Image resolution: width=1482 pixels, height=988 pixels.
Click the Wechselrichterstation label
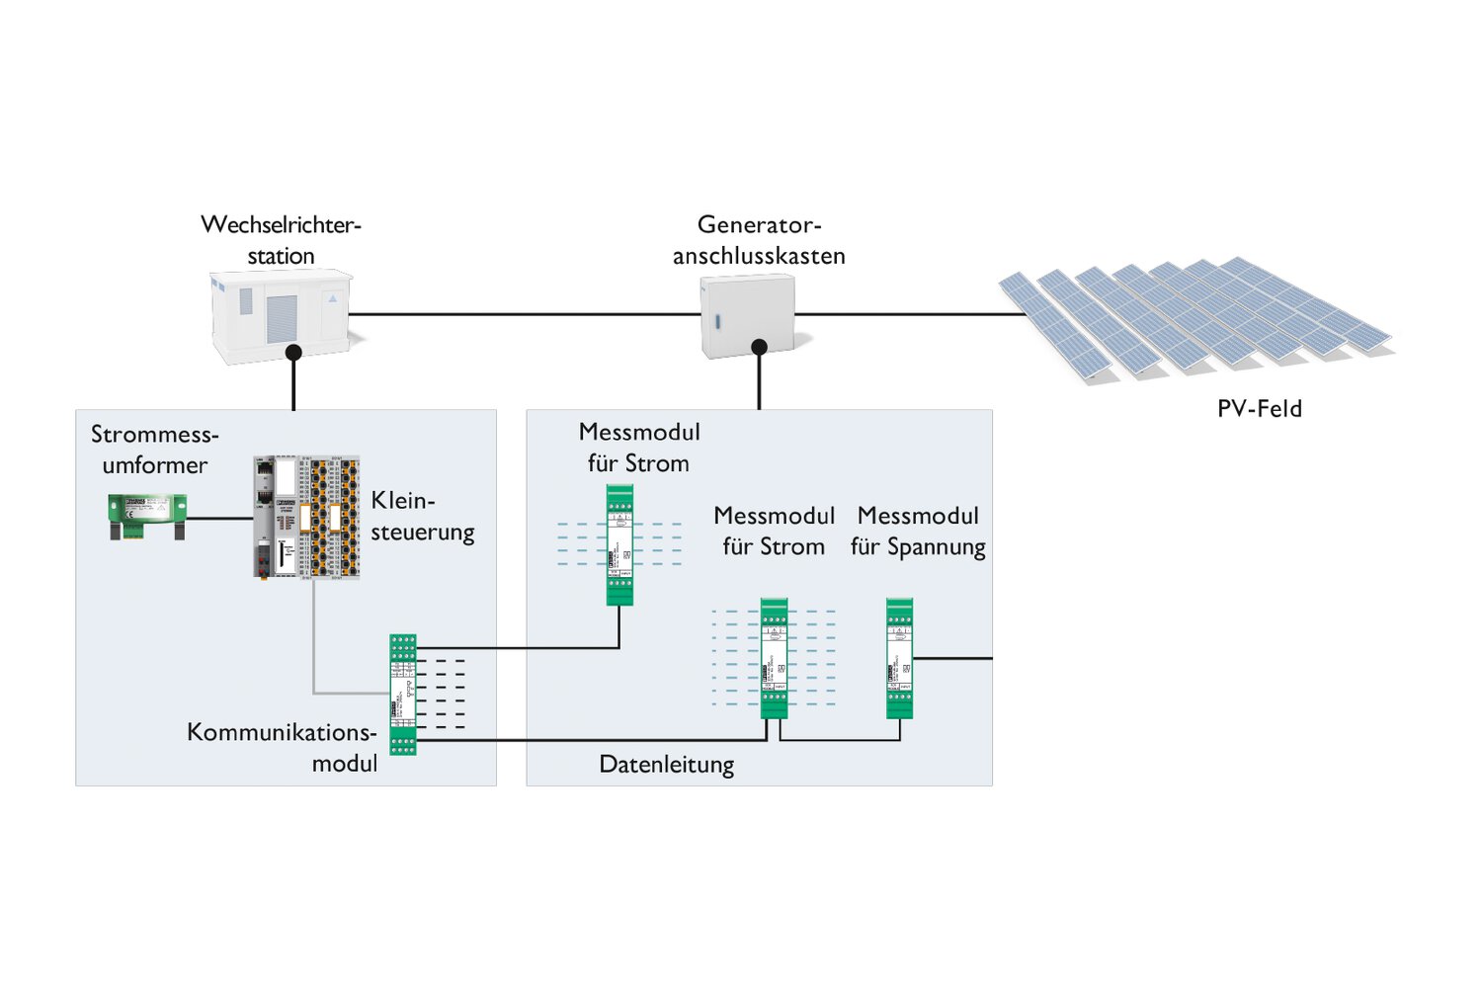(281, 240)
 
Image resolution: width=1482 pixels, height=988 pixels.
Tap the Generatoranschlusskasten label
(759, 240)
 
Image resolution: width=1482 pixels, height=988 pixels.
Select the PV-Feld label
(1259, 408)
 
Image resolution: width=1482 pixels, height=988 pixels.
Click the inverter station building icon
(282, 314)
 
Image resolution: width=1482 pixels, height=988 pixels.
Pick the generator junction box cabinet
(748, 314)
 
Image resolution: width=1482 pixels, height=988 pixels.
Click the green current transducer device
(147, 517)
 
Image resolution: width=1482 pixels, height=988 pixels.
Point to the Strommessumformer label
(154, 450)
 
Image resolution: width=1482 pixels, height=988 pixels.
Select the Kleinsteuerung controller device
(306, 517)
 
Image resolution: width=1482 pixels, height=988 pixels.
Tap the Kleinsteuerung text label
(422, 516)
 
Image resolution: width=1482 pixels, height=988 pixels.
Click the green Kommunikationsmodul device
(403, 695)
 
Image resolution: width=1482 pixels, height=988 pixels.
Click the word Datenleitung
(667, 765)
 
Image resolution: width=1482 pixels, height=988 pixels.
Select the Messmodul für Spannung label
(918, 532)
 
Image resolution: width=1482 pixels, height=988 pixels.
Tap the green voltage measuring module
(899, 658)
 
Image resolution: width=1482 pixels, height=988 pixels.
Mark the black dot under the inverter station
(293, 352)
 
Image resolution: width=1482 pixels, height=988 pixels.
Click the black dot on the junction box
(759, 347)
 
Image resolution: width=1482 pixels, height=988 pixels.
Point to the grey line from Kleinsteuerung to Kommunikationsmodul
(315, 642)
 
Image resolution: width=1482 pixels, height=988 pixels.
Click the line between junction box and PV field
(909, 314)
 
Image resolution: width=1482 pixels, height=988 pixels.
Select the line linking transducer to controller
(219, 517)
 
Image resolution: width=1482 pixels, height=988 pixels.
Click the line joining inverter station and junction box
(524, 314)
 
